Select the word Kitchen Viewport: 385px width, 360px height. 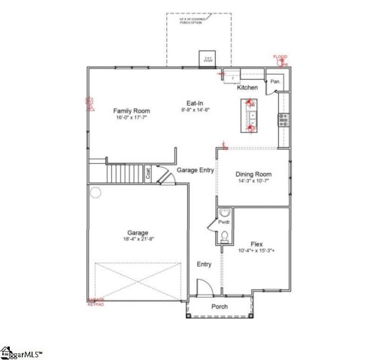tap(247, 88)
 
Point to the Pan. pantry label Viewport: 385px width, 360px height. tap(276, 80)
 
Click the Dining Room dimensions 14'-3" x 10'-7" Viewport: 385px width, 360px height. tap(253, 181)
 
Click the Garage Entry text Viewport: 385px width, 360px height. tap(196, 171)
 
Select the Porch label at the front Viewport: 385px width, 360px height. tap(220, 307)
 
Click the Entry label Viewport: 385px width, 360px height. tap(204, 265)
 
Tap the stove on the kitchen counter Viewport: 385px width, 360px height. tap(283, 118)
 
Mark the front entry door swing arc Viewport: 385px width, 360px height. tap(202, 287)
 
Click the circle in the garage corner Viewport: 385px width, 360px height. tap(95, 192)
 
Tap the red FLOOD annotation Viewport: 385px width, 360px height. tap(280, 57)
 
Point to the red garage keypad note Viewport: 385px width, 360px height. tap(95, 302)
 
